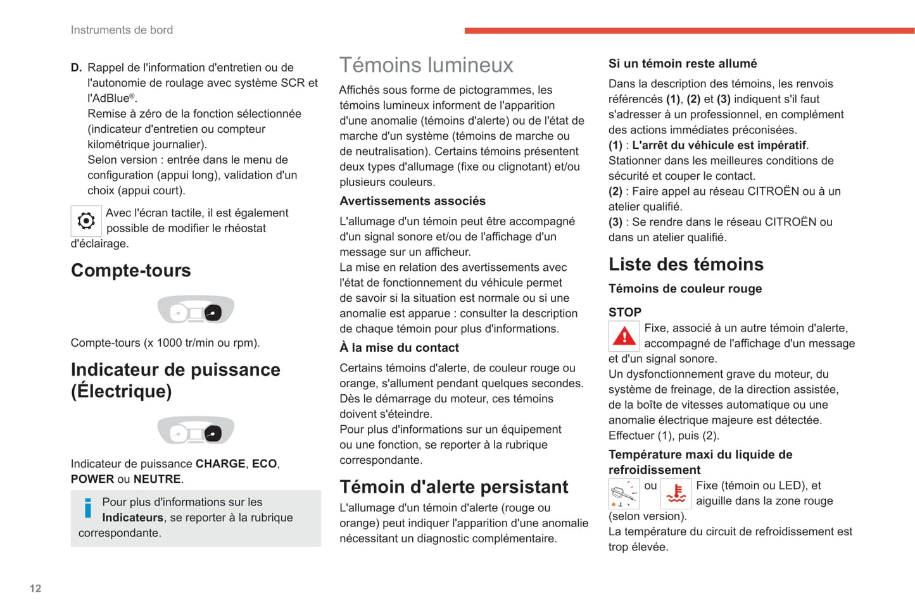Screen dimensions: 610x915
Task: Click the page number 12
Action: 35,588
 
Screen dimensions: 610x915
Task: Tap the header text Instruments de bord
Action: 122,30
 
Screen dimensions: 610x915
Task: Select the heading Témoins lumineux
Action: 426,65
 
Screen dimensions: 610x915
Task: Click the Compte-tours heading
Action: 131,270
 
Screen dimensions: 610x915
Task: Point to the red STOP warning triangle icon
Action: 624,337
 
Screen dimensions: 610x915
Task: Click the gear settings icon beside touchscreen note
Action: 86,221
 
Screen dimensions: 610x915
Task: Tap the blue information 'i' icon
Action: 87,508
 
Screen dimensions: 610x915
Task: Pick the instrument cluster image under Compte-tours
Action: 196,310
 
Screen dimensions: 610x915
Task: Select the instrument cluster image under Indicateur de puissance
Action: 196,431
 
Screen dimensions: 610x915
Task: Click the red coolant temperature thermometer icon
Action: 676,494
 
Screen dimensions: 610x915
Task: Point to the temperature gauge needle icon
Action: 624,494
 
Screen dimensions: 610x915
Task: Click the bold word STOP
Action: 625,312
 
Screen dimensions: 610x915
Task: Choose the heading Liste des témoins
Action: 686,264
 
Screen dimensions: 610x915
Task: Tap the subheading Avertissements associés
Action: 412,201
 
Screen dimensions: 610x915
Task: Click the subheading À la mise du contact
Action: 399,348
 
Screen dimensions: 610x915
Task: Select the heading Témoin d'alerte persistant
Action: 453,487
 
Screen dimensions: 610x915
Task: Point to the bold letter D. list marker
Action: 76,68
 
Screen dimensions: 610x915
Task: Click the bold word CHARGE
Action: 220,464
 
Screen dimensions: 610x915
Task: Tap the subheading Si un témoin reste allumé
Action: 683,64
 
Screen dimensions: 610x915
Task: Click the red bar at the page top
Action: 689,30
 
